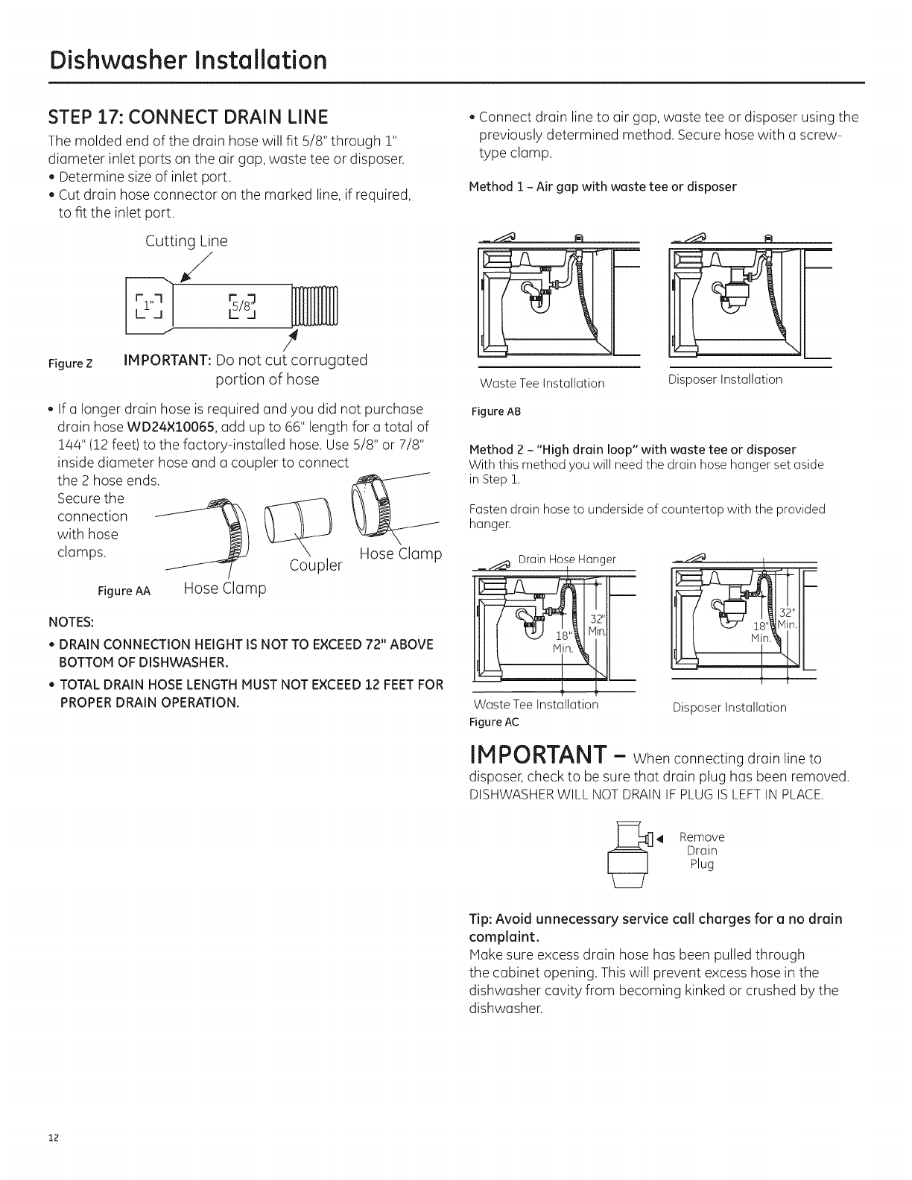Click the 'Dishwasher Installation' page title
click(186, 59)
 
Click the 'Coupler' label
click(316, 565)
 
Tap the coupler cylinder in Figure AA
click(288, 514)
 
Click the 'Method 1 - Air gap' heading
click(602, 187)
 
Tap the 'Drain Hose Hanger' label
click(567, 559)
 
